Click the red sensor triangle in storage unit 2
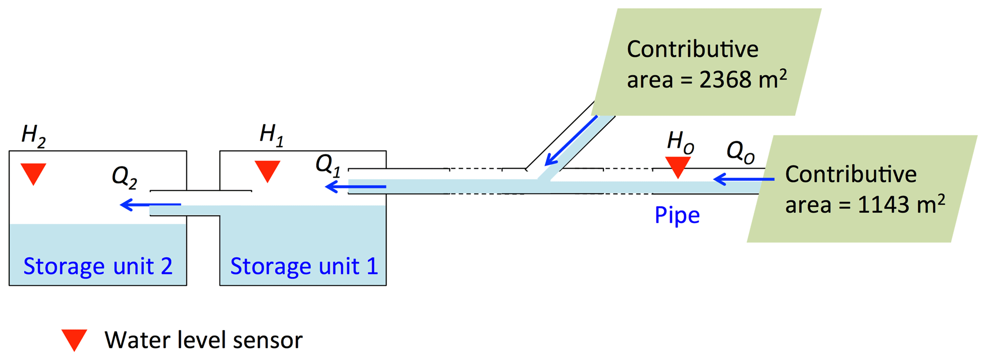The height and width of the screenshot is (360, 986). coord(33,173)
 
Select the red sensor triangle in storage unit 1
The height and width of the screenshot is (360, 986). coord(268,170)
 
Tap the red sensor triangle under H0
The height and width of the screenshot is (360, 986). coord(678,166)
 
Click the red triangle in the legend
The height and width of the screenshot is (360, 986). coord(74,339)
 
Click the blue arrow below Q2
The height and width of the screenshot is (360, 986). coord(150,205)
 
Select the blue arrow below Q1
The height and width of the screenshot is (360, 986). coord(355,186)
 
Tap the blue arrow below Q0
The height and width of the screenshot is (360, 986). coord(744,179)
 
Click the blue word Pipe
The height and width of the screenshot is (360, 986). coord(677,215)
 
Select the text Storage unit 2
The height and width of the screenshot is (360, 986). coord(98,266)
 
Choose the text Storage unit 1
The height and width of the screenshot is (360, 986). coord(304,266)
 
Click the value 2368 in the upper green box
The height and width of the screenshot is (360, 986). coord(721,80)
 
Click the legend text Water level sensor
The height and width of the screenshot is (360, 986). coord(204,340)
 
